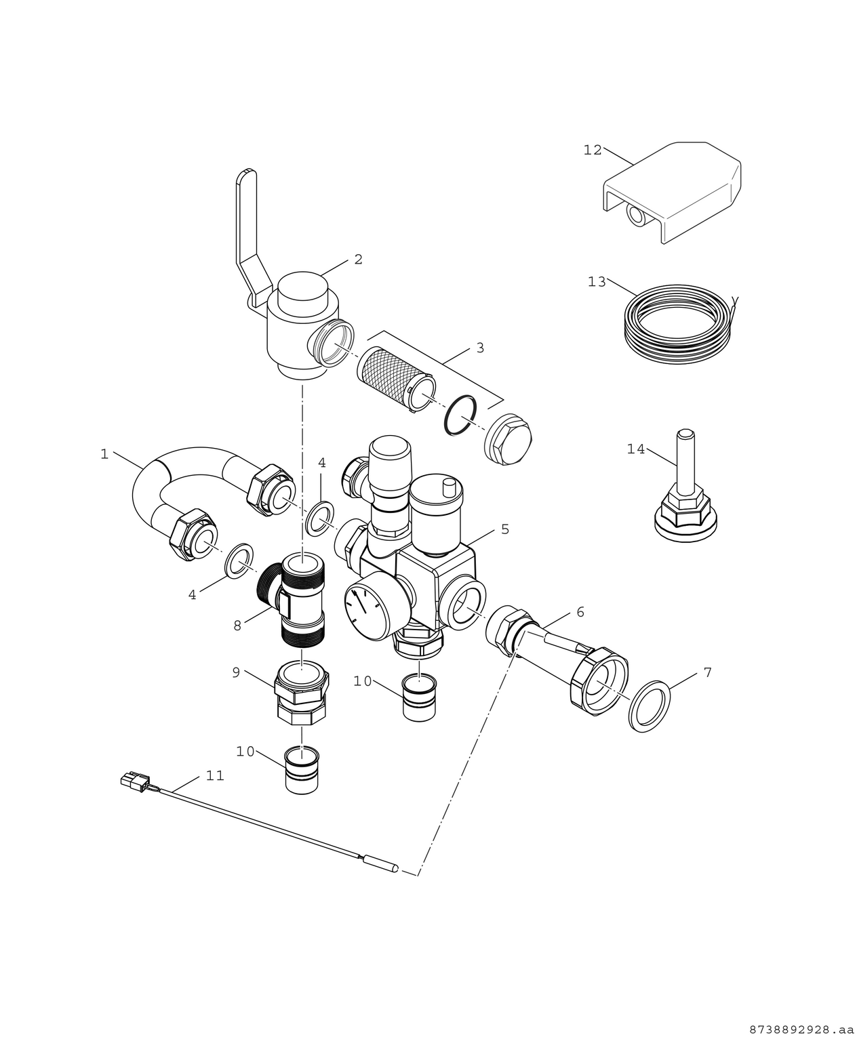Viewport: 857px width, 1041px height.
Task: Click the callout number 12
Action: tap(592, 150)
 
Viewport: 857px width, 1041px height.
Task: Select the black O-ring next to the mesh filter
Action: tap(460, 415)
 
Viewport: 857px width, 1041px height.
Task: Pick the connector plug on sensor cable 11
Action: tap(136, 783)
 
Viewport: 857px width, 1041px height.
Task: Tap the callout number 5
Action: tap(504, 529)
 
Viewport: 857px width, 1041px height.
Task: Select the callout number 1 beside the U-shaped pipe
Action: tap(104, 454)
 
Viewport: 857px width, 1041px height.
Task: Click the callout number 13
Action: tap(597, 281)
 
